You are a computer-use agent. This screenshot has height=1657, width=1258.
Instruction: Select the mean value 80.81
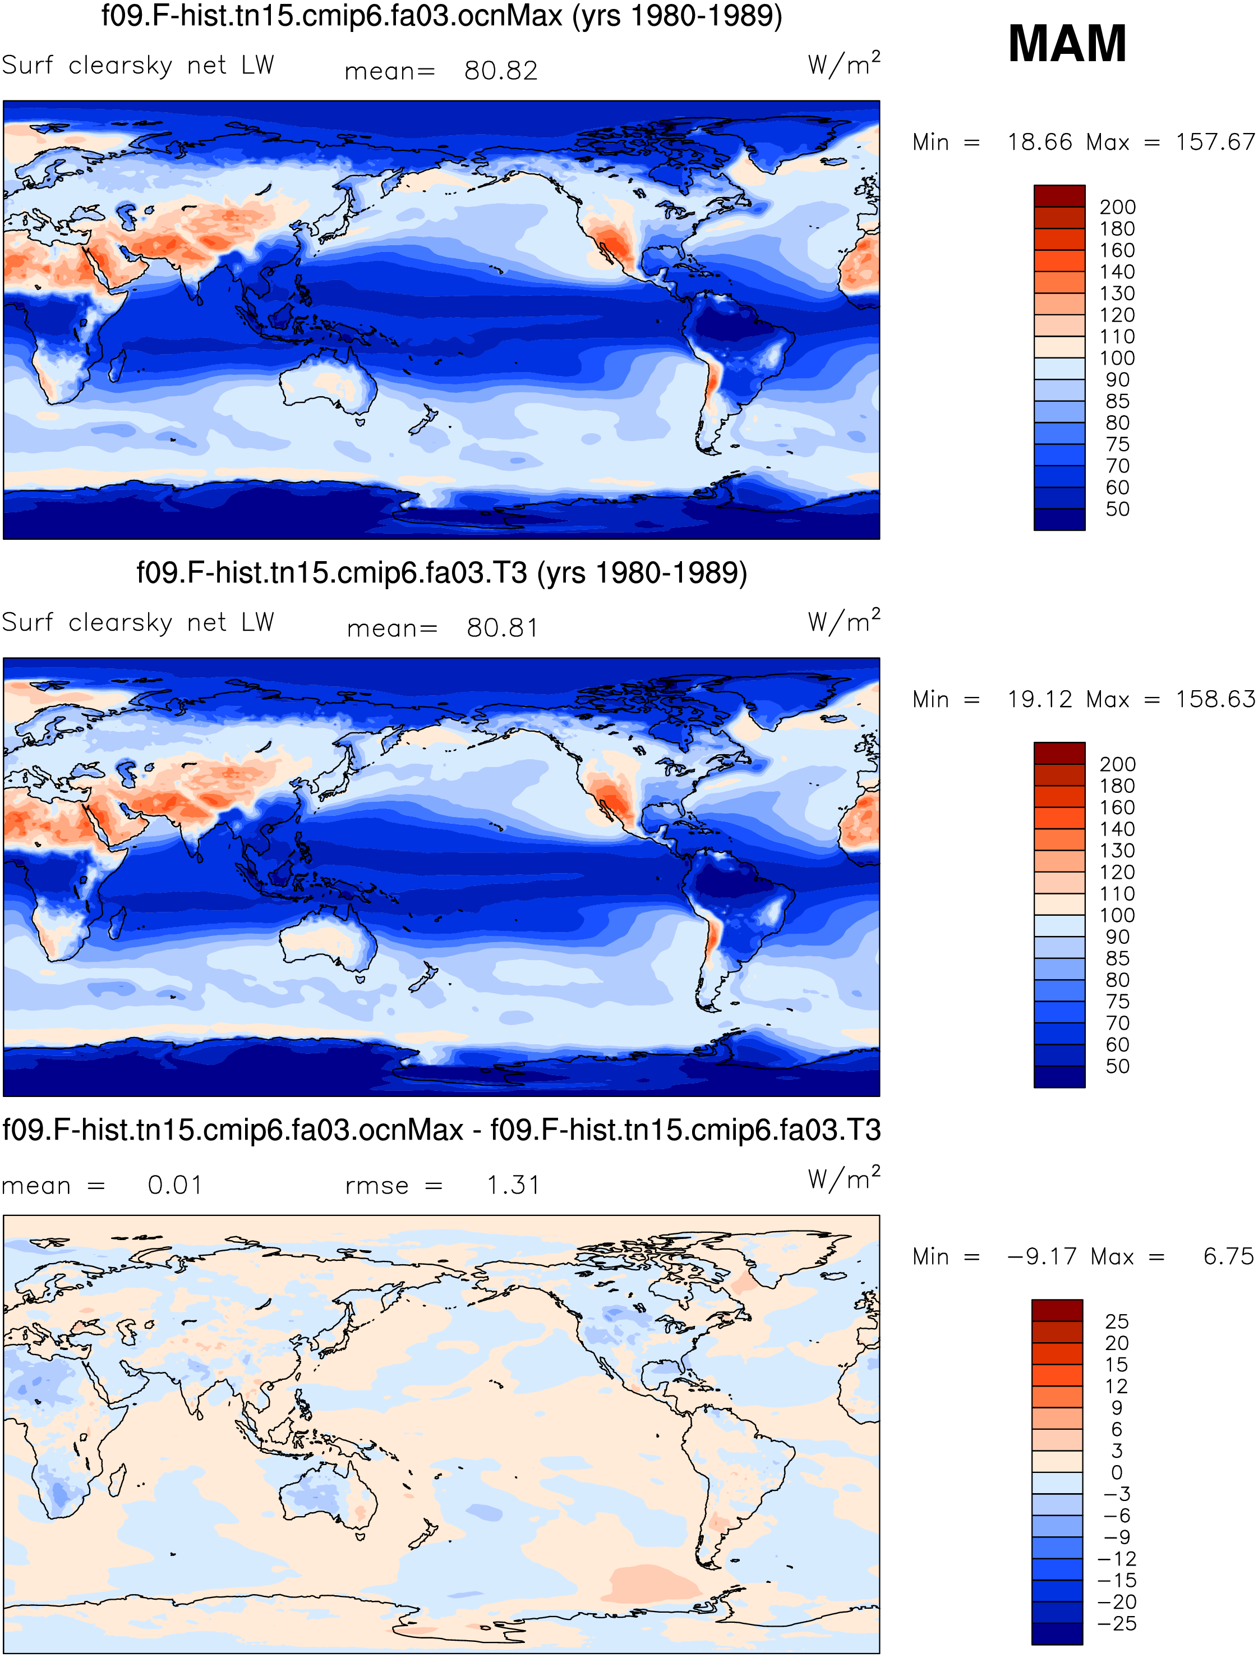(503, 628)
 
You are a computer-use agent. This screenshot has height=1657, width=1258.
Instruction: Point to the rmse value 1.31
(513, 1185)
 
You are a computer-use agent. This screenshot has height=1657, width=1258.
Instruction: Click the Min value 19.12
(1039, 699)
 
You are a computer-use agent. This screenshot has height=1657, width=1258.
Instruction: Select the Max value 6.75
(1228, 1256)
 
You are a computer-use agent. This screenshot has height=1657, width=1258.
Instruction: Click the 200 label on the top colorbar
(1117, 206)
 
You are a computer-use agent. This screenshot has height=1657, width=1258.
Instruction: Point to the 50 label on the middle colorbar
(1117, 1066)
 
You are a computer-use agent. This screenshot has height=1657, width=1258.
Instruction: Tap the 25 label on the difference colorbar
(1117, 1321)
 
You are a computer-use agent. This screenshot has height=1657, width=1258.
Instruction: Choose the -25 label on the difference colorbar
(1117, 1623)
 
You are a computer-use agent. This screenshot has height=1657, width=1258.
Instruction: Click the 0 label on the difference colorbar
(1117, 1473)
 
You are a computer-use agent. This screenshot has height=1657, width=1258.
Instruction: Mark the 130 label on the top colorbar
(1117, 293)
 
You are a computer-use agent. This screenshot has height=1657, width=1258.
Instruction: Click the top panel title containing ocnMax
(442, 16)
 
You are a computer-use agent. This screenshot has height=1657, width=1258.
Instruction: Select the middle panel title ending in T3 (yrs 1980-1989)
(442, 573)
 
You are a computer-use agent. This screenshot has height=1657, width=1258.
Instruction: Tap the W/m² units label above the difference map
(844, 1178)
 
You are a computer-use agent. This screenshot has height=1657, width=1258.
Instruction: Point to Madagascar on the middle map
(116, 924)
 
